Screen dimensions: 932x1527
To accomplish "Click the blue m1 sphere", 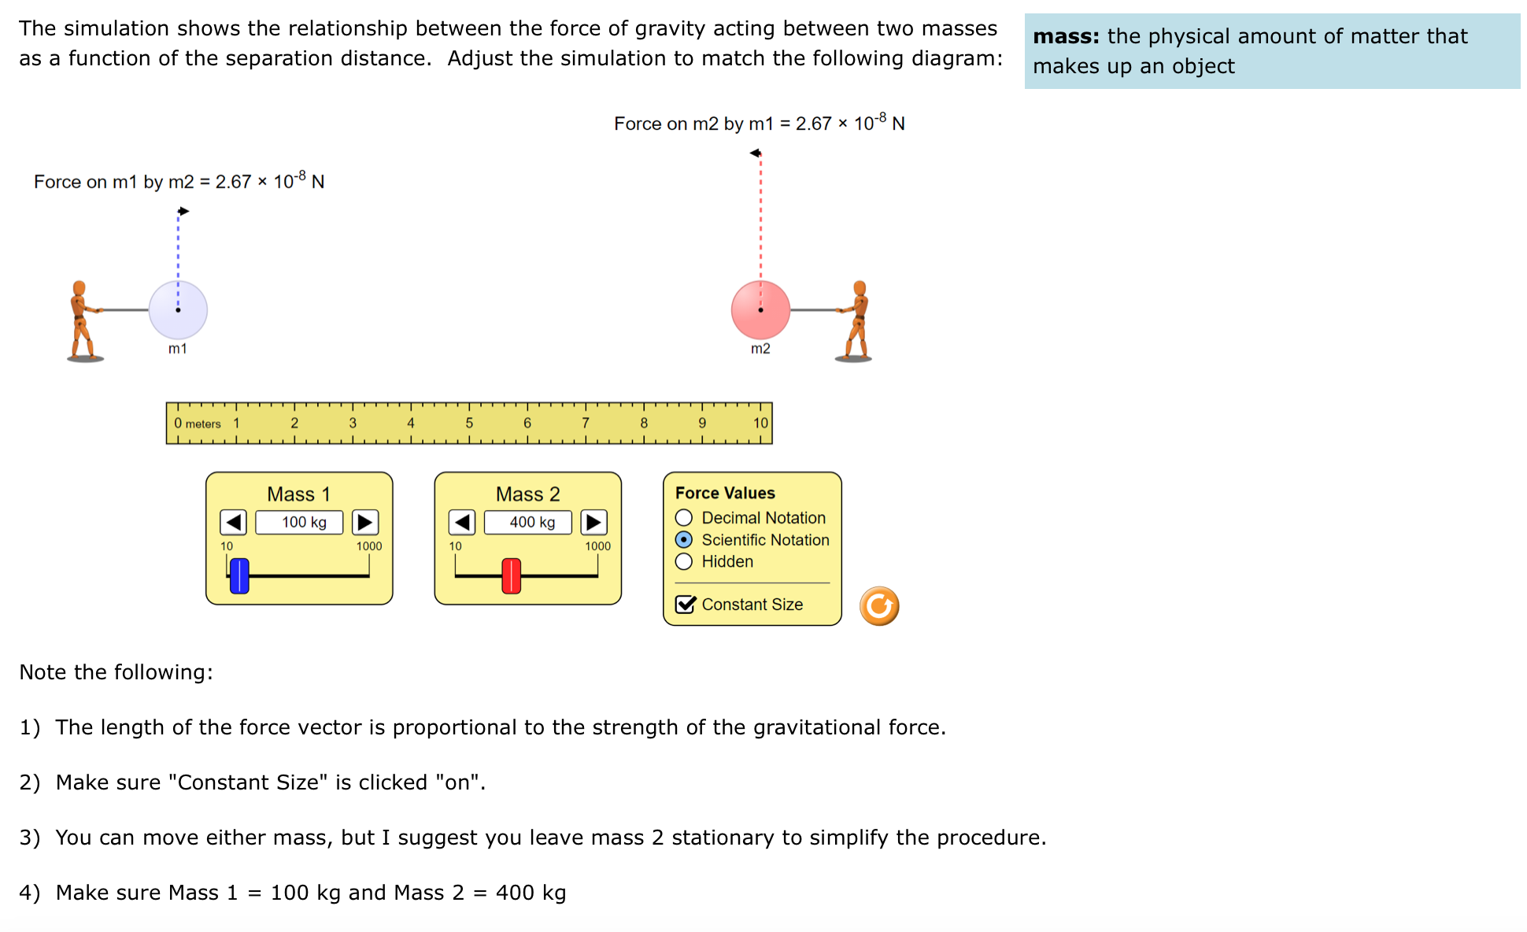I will coord(178,309).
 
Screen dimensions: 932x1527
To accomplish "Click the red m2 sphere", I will coord(760,309).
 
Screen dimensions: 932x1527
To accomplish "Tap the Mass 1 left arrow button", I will coord(233,522).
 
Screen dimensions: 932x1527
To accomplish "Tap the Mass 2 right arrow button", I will coord(593,522).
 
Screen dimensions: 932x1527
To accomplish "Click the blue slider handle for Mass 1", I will coord(239,575).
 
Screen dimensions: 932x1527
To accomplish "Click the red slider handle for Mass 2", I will coord(511,575).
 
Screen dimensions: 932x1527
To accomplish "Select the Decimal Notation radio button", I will coord(684,518).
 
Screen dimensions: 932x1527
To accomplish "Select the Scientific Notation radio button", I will coord(684,540).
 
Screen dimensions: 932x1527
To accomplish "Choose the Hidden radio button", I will coord(684,561).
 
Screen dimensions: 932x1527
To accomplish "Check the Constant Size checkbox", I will coord(686,605).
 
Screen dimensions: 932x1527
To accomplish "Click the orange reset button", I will coord(878,606).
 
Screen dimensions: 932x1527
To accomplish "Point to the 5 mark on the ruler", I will coord(469,423).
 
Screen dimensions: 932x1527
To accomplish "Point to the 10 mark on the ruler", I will coord(760,423).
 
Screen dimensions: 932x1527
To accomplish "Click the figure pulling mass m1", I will coord(82,321).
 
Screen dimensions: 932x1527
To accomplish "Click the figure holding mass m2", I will coord(857,321).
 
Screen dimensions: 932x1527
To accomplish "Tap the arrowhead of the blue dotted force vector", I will coord(183,211).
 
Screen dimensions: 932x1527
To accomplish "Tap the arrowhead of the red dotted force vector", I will coord(756,153).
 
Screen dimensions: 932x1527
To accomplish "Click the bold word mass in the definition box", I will coord(1066,37).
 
